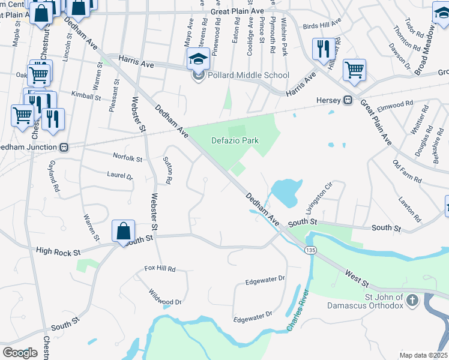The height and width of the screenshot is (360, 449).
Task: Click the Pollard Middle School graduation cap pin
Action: (x=197, y=59)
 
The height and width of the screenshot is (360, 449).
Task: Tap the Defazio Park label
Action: (x=235, y=140)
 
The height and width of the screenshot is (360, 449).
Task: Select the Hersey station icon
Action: (x=348, y=100)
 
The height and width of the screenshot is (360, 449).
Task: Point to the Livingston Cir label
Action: (x=318, y=199)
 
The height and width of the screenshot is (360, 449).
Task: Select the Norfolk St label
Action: (x=128, y=159)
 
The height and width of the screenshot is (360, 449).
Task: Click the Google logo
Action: (x=20, y=353)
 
